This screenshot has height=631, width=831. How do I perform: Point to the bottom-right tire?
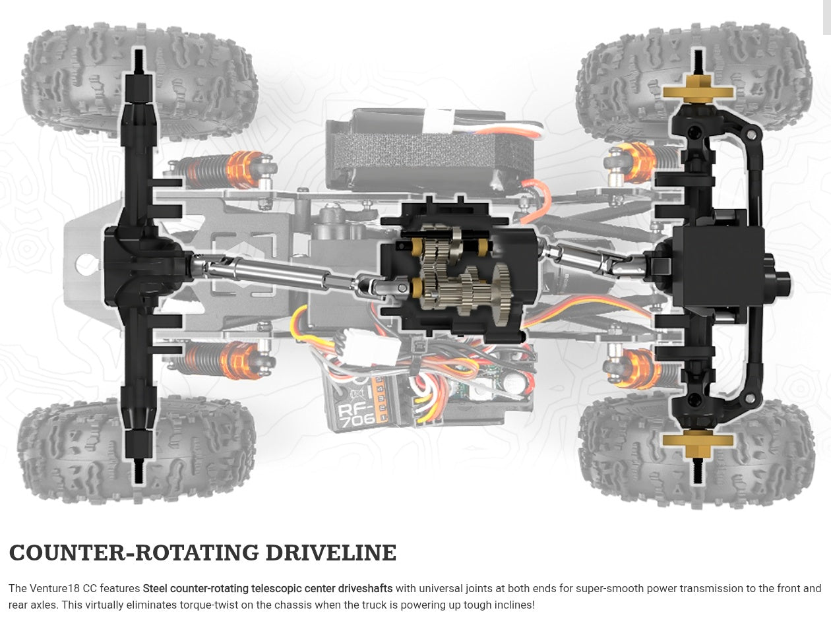(x=758, y=455)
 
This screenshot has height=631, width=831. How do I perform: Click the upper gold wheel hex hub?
(x=698, y=89)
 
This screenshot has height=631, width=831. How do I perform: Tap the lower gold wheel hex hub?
(x=697, y=443)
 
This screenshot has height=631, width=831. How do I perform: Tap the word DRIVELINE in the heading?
(x=330, y=553)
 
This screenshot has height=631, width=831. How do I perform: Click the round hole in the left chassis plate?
(x=84, y=265)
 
